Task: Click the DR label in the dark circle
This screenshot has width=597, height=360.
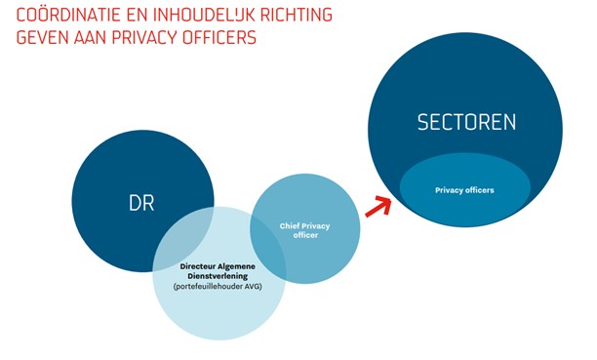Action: click(x=141, y=204)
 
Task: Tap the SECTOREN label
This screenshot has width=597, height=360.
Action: click(x=466, y=123)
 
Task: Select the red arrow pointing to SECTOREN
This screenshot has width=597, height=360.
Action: click(x=378, y=204)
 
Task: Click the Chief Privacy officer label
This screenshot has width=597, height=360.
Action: click(x=305, y=230)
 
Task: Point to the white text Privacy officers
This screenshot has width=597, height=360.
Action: click(x=464, y=189)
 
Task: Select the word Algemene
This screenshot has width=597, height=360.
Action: click(x=244, y=265)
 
